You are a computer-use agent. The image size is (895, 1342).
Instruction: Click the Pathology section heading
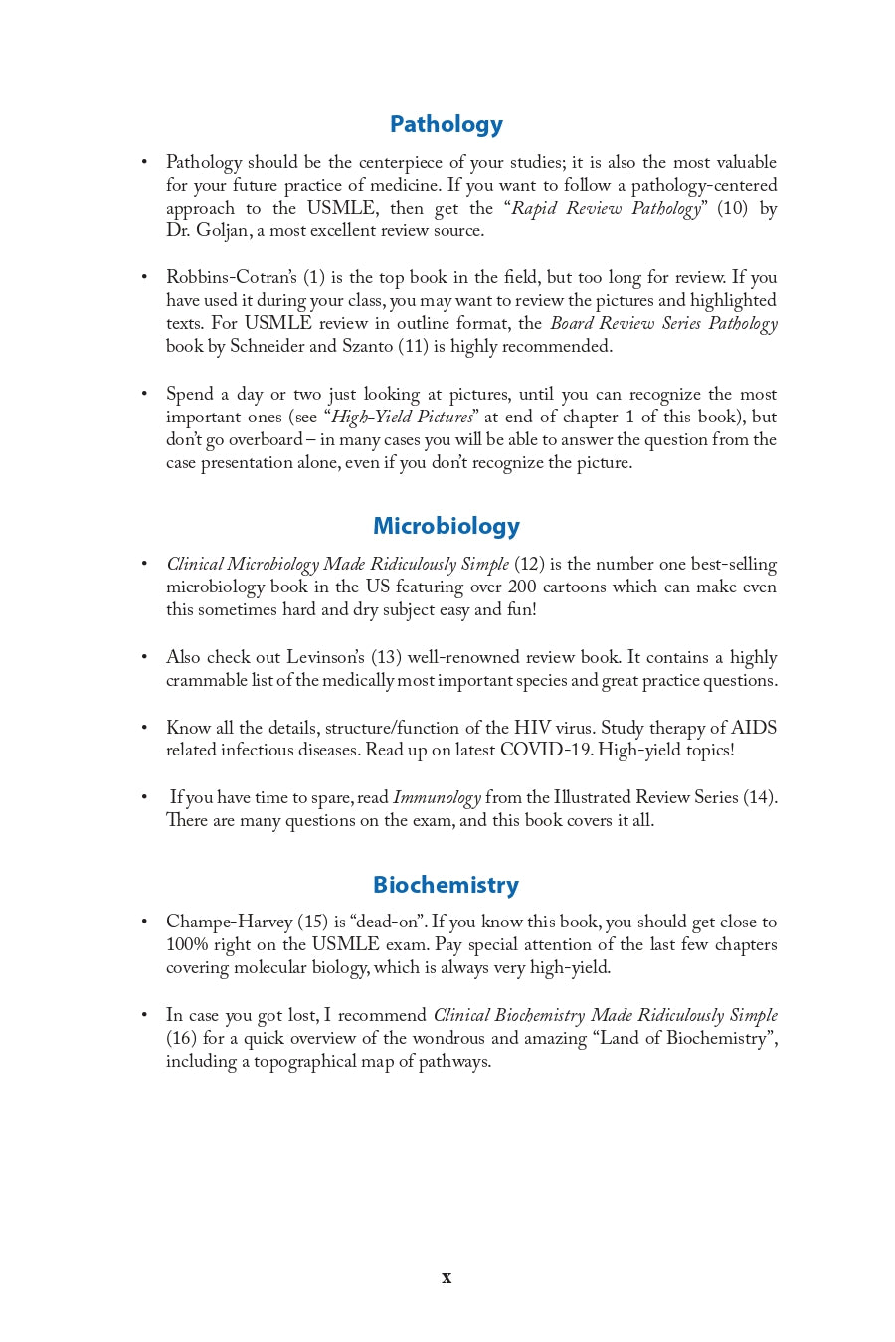pyautogui.click(x=446, y=124)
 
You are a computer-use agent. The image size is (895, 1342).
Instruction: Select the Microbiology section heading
pyautogui.click(x=446, y=526)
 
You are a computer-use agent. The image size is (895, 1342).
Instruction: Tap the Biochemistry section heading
pyautogui.click(x=446, y=885)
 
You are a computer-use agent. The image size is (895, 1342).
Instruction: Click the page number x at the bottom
pyautogui.click(x=447, y=1277)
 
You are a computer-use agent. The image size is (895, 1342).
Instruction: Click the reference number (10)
pyautogui.click(x=732, y=208)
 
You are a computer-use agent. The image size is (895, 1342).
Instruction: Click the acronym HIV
pyautogui.click(x=531, y=728)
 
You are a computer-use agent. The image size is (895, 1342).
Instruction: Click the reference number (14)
pyautogui.click(x=760, y=797)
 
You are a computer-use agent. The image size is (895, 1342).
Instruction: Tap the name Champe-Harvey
pyautogui.click(x=229, y=922)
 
